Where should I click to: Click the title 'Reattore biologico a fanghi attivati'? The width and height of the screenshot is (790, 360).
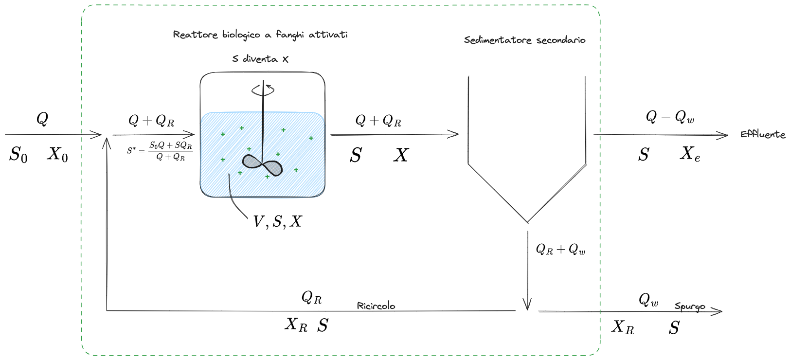[260, 35]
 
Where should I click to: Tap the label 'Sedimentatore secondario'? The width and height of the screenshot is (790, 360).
[524, 40]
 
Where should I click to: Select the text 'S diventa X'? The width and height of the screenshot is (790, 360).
[260, 59]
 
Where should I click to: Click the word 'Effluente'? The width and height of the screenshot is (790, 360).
[762, 134]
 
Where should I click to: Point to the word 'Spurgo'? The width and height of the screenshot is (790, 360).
[689, 306]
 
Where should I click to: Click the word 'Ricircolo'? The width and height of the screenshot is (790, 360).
[376, 306]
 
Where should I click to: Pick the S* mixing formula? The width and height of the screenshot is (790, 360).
[160, 151]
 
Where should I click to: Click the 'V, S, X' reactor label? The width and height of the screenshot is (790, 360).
[277, 222]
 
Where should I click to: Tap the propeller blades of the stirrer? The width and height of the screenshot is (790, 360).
[263, 165]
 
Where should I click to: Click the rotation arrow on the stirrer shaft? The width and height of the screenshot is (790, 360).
[263, 90]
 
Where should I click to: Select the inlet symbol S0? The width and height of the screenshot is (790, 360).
[18, 155]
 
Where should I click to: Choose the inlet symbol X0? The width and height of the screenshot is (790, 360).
[57, 155]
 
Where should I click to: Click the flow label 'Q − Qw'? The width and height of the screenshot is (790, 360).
[670, 117]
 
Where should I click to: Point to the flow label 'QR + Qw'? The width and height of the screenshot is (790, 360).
[560, 250]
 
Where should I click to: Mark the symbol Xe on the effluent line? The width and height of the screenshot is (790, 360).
[690, 154]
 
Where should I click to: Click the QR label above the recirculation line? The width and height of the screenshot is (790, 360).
[311, 297]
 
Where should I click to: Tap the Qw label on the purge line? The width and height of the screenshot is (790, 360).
[648, 300]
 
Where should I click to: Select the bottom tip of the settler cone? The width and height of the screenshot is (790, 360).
[527, 221]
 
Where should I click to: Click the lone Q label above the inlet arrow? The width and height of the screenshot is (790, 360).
[42, 118]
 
